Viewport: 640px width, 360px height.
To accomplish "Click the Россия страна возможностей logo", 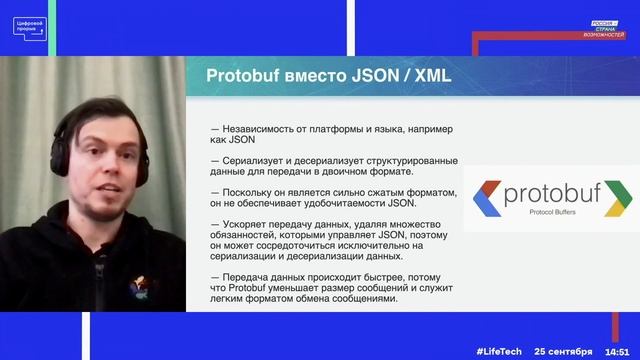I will tap(606, 27).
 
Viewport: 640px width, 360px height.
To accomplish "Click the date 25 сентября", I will tap(562, 351).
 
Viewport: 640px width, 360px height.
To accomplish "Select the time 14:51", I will tap(621, 351).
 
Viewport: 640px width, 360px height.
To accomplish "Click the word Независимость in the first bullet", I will tap(263, 128).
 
